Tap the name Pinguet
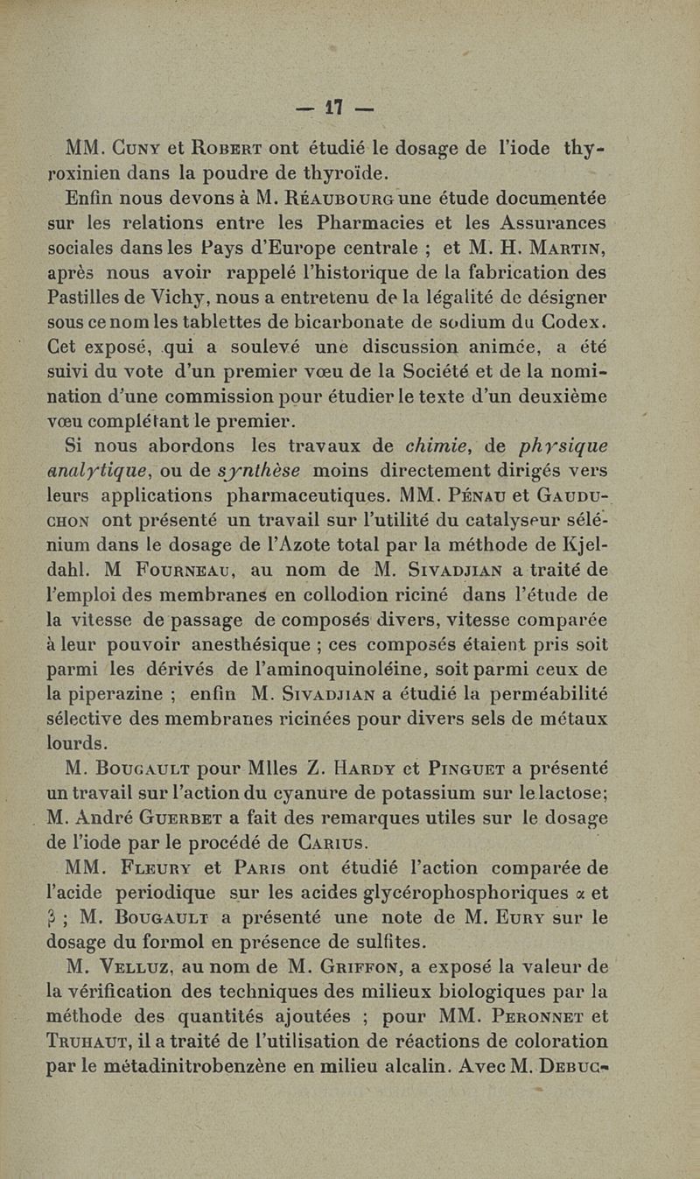click(x=465, y=769)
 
